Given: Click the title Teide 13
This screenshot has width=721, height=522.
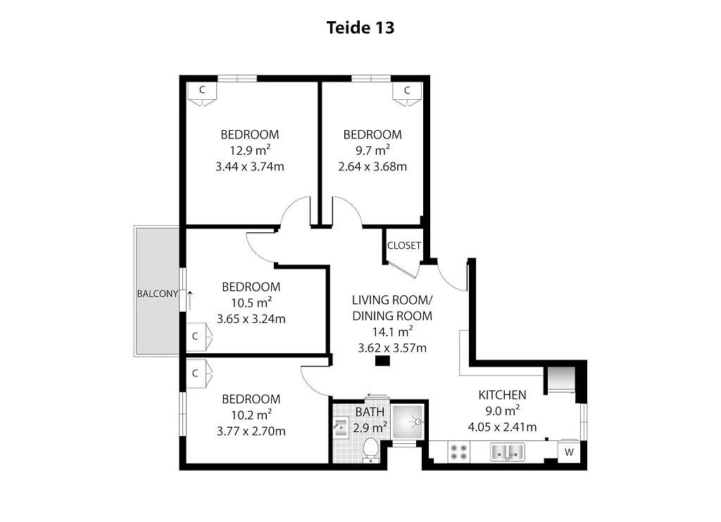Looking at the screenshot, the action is [x=360, y=27].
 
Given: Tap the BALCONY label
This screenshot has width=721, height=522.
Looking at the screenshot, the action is [x=157, y=293].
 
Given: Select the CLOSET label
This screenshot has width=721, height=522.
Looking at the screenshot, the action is [x=403, y=246].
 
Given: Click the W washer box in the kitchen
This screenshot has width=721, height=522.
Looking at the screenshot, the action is [x=569, y=452].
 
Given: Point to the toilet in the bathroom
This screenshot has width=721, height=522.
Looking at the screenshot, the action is [x=370, y=450].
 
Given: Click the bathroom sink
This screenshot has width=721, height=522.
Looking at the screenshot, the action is [x=341, y=427].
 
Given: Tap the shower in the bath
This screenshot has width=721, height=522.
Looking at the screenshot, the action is [x=408, y=421].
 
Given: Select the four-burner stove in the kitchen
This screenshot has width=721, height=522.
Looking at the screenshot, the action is [x=459, y=452].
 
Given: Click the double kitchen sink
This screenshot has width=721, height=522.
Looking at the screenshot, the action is [x=508, y=452].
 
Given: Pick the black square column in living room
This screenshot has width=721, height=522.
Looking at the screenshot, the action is [x=382, y=361].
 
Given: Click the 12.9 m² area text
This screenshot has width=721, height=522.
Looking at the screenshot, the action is [x=250, y=151].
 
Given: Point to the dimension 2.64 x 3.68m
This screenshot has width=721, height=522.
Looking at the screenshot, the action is [x=372, y=166].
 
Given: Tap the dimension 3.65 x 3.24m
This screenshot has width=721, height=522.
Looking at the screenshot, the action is [x=251, y=319].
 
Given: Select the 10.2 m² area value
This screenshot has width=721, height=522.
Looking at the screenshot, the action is [x=251, y=415].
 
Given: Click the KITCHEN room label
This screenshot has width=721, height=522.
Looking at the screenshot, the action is [x=502, y=395].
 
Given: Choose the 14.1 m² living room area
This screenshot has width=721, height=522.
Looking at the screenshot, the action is [x=392, y=331].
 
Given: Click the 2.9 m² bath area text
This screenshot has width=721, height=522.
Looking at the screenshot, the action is [x=370, y=428].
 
